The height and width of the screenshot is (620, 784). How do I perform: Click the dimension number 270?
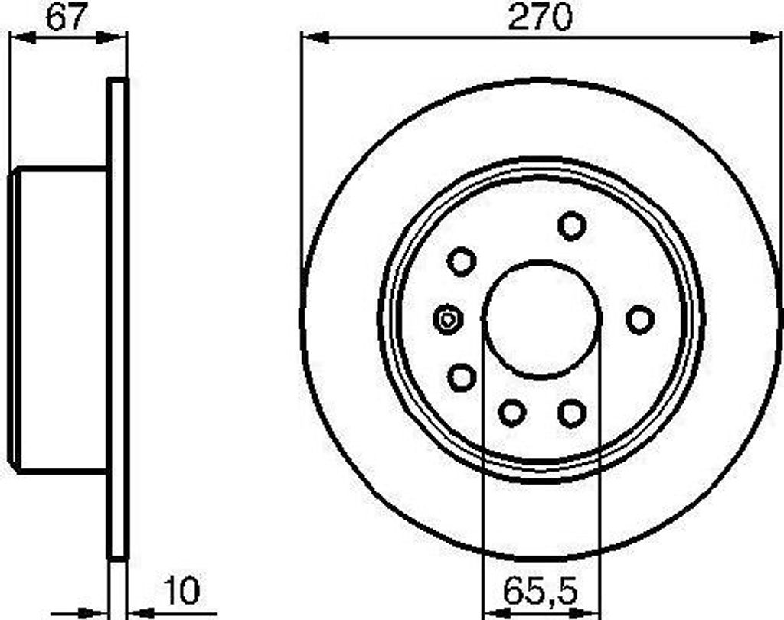[541, 17]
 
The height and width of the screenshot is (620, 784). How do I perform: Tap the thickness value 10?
[181, 591]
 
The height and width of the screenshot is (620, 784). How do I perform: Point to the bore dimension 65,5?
[541, 591]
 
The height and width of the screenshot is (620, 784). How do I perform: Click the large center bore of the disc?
[541, 319]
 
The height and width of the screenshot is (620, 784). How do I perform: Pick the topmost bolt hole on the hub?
[572, 226]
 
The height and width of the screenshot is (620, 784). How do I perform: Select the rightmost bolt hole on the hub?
[640, 319]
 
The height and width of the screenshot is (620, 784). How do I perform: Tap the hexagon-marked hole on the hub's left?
[447, 319]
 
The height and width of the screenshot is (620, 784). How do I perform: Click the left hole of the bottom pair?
[511, 413]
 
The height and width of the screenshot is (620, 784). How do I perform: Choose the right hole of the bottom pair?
[572, 413]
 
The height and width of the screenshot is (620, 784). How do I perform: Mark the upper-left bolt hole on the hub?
[462, 262]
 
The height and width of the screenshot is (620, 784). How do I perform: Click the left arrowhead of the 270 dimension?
[314, 38]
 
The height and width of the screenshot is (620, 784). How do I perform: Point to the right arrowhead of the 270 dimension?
[766, 38]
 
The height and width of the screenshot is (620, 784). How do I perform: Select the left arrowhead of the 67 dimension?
[23, 38]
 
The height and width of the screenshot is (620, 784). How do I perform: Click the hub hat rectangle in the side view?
[60, 319]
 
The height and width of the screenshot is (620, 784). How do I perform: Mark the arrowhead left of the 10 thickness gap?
[92, 612]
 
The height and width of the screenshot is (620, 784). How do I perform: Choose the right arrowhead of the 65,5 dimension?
[588, 612]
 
